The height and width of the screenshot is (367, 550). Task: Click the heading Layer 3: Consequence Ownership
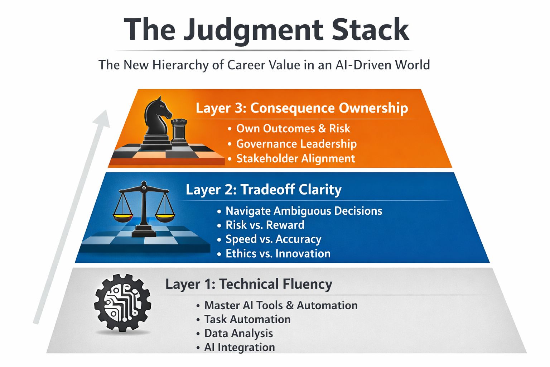tap(301, 108)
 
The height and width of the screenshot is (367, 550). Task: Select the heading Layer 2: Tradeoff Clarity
tap(264, 189)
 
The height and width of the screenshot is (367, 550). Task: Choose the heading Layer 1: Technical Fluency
tap(249, 284)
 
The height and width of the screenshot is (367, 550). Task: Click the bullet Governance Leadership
tap(296, 144)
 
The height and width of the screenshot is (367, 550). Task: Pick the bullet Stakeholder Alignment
tap(295, 158)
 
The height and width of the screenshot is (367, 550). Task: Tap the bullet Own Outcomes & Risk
tap(293, 128)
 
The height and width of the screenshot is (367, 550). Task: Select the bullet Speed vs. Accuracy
tap(273, 239)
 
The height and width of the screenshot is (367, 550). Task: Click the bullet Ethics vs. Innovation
tap(278, 253)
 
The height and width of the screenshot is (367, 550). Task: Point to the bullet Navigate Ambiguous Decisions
tap(304, 211)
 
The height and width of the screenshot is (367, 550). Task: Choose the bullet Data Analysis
tap(238, 333)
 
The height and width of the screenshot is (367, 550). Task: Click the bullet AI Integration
tap(240, 347)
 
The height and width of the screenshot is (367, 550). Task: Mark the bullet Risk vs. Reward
tap(265, 225)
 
